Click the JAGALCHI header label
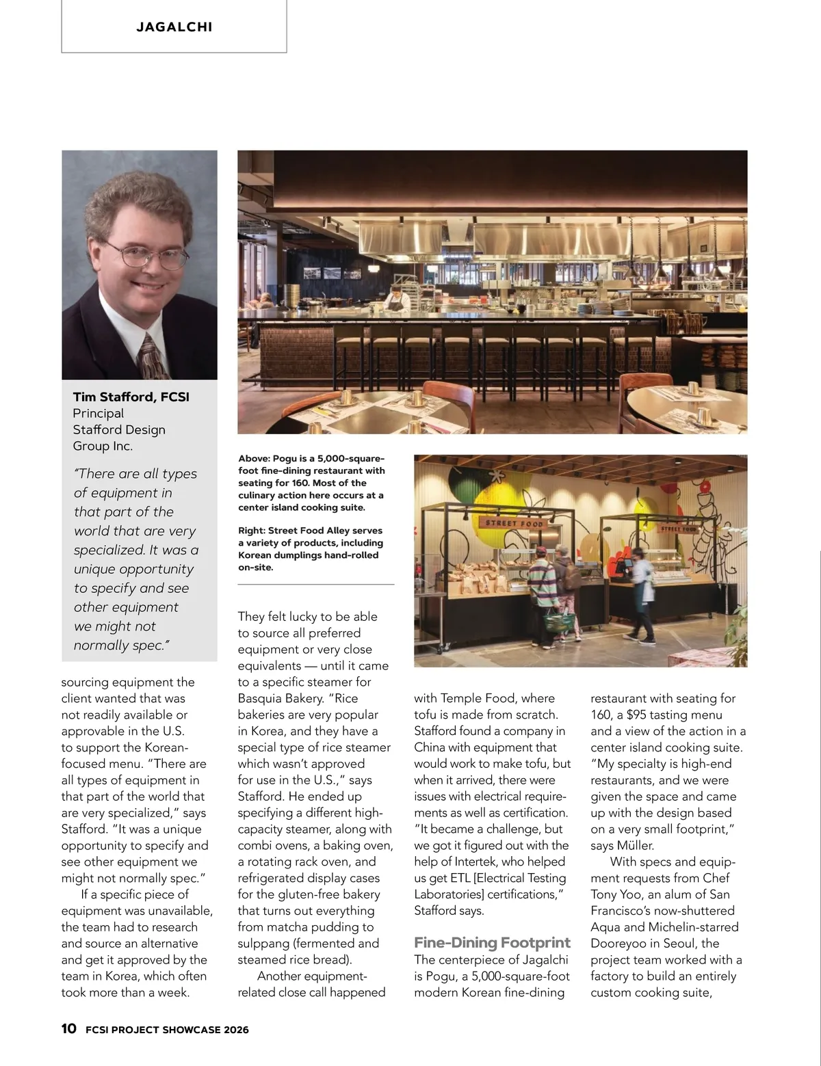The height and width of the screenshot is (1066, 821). (174, 27)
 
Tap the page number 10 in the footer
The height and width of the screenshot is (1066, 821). (68, 1028)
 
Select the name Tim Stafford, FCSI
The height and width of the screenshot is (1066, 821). (131, 397)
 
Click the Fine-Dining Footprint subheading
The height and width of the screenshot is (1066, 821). (492, 943)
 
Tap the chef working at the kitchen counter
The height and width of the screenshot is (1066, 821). (395, 300)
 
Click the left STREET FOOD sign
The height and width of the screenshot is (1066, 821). (514, 524)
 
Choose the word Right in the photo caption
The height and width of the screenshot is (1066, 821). (251, 531)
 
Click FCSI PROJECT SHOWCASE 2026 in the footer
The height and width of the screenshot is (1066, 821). (167, 1029)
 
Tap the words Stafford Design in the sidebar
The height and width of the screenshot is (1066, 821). (119, 429)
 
